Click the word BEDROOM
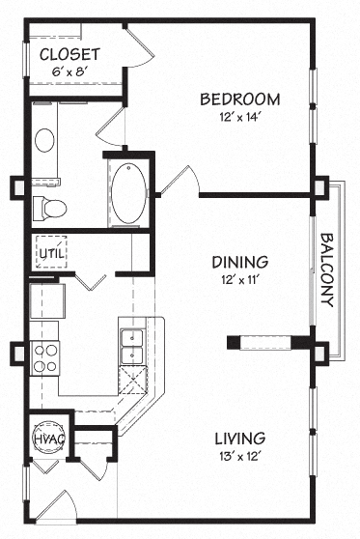[240, 99]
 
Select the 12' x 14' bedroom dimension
[240, 117]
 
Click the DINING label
[239, 262]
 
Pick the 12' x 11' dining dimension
[239, 280]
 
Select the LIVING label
[239, 437]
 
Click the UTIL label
[48, 253]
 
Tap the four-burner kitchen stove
[45, 358]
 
